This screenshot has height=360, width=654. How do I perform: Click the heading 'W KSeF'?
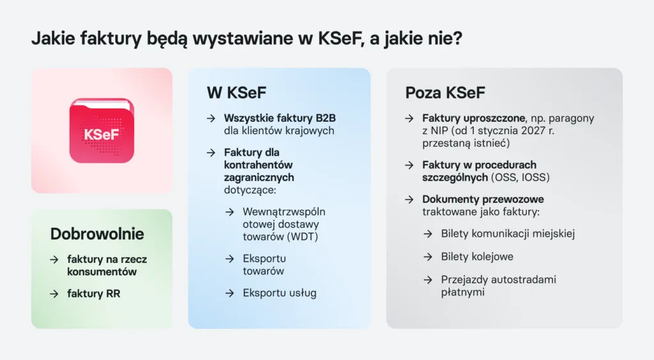[x=236, y=93]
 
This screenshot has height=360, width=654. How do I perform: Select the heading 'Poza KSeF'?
[x=445, y=93]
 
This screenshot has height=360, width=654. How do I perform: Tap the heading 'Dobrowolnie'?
[x=97, y=234]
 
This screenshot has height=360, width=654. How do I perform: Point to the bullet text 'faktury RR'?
[x=93, y=294]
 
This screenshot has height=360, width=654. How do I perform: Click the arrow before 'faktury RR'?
[x=55, y=294]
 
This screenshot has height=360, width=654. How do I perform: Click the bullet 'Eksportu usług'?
[x=279, y=293]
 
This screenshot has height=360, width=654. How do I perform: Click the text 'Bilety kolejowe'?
[x=477, y=257]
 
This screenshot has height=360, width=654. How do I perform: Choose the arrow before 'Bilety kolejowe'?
[x=427, y=257]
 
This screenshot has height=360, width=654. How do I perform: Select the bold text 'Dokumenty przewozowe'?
[x=483, y=199]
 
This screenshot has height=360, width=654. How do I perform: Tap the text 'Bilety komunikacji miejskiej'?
[x=508, y=234]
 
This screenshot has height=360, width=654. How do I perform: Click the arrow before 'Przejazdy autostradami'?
[x=427, y=280]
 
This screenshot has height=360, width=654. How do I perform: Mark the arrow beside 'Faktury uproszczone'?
[x=409, y=118]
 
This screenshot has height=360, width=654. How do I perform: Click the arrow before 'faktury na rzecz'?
[x=55, y=259]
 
